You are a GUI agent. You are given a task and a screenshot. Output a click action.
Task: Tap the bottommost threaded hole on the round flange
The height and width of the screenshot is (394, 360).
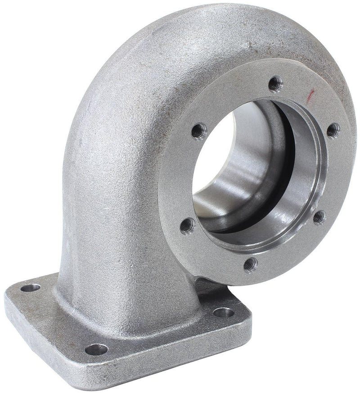click(x=250, y=264)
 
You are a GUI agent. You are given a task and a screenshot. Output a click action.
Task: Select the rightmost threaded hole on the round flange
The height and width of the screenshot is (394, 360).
click(x=332, y=131)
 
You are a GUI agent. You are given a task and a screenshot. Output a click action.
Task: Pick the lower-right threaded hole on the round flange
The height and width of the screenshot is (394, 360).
click(x=319, y=217)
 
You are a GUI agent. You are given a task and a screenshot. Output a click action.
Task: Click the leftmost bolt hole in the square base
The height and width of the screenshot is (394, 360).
click(x=31, y=287)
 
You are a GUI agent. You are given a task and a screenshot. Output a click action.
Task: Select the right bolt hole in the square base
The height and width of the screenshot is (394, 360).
click(x=224, y=312)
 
